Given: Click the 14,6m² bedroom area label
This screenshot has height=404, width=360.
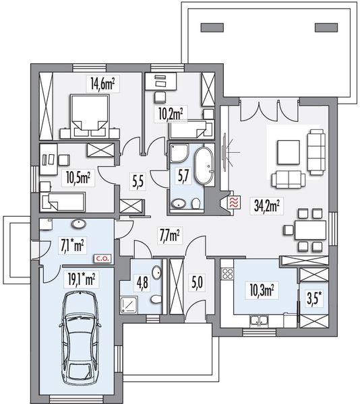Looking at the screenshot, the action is click(102, 84).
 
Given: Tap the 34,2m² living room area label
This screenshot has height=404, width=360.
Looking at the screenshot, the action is click(267, 205).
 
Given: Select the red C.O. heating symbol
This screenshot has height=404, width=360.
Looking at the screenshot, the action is click(103, 259).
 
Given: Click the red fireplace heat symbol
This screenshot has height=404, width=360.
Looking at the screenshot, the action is click(234, 202).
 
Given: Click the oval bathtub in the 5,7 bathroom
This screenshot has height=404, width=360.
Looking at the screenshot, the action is click(204, 166).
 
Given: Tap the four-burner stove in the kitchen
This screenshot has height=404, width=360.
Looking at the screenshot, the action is click(228, 274).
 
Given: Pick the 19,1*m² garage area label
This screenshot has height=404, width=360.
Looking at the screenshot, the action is click(82, 279).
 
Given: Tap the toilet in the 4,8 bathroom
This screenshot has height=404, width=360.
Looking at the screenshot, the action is click(156, 300).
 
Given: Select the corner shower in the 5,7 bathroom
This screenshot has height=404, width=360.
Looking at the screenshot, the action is click(179, 154).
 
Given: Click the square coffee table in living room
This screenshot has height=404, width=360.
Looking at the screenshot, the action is click(289, 152).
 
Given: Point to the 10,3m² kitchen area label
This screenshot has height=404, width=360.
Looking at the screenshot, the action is click(262, 292).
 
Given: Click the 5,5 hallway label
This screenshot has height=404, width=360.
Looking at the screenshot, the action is click(138, 181).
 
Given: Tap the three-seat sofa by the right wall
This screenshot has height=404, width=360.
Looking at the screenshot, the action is click(316, 152).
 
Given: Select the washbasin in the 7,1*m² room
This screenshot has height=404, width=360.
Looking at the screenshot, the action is click(79, 224).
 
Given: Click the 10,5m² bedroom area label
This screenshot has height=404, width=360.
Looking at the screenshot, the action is click(78, 178).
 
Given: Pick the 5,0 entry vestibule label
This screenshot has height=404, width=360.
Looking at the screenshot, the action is click(198, 282).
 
